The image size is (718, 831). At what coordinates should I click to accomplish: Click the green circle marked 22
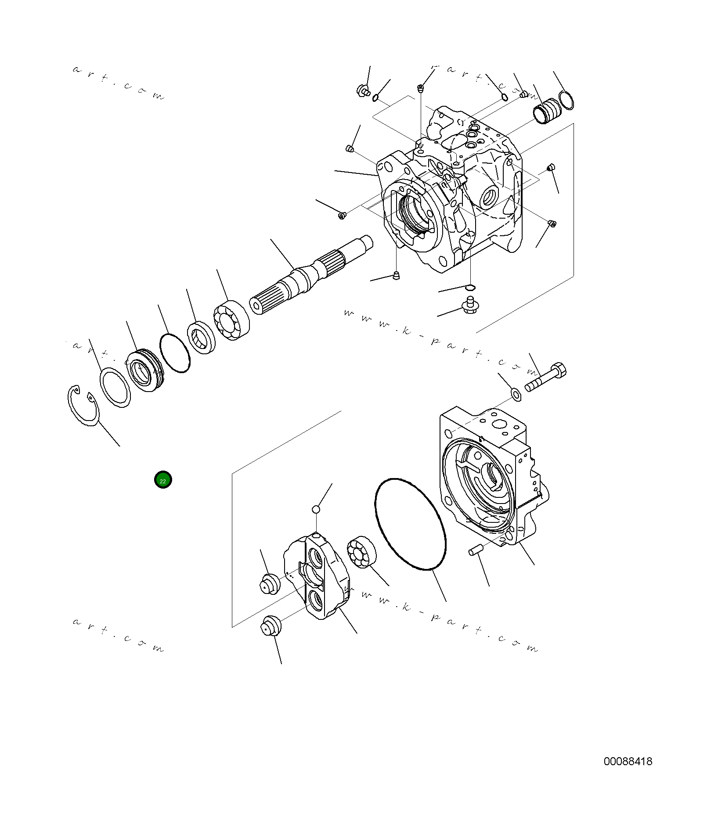(163, 480)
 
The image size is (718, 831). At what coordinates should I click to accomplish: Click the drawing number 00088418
(628, 762)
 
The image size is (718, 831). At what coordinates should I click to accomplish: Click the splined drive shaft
(307, 277)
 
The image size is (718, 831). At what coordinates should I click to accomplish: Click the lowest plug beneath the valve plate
(269, 625)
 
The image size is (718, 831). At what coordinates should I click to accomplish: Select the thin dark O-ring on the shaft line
(175, 353)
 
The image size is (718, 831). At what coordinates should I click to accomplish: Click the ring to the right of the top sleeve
(566, 100)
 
